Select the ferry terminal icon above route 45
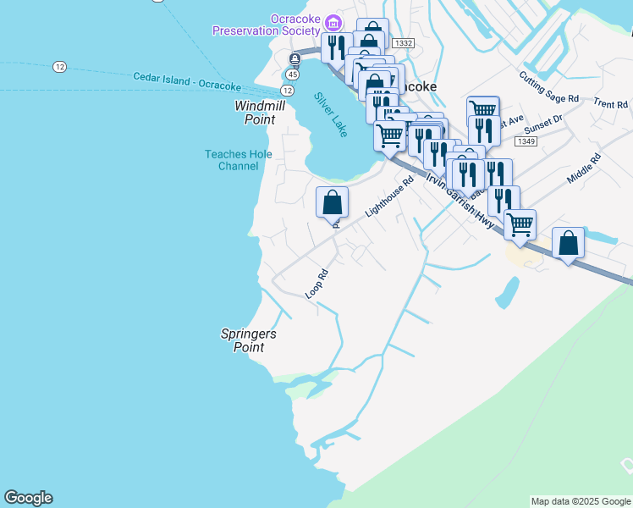click(x=294, y=58)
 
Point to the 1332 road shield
click(x=404, y=43)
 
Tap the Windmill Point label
click(x=260, y=113)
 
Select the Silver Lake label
click(x=330, y=114)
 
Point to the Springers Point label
click(x=249, y=340)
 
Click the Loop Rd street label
click(x=316, y=284)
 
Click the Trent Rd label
click(x=610, y=104)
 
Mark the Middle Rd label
click(x=584, y=170)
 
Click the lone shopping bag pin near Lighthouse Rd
click(x=333, y=203)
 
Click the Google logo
click(x=28, y=498)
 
